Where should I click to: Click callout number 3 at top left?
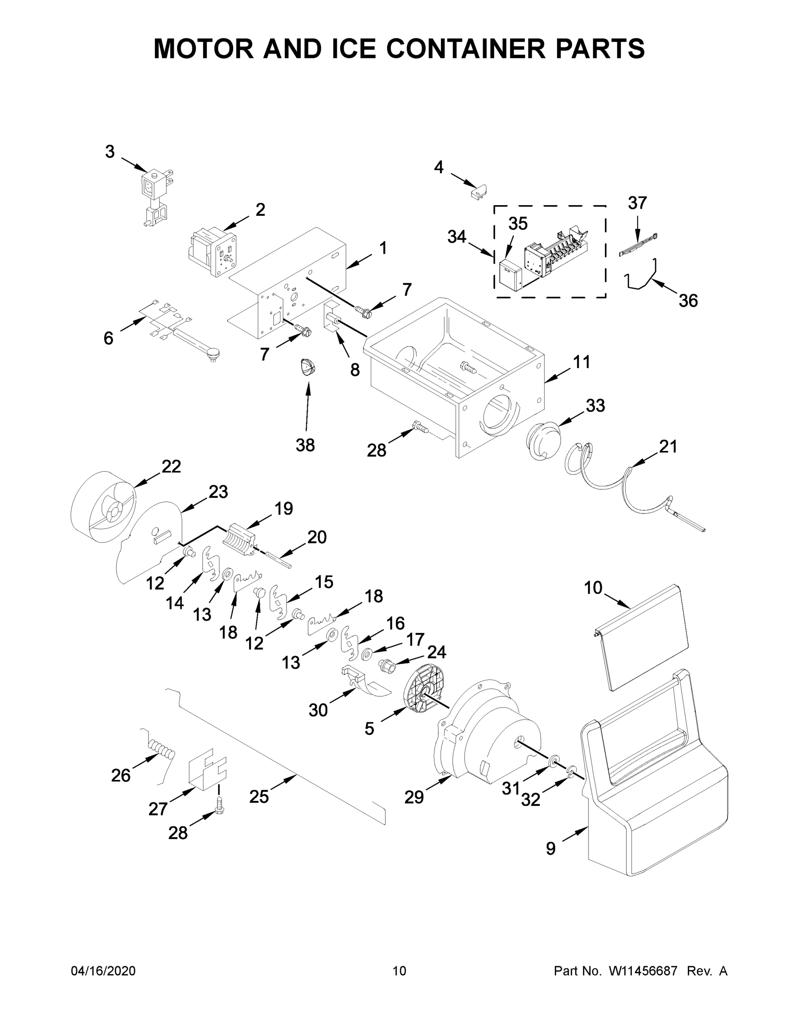pyautogui.click(x=110, y=152)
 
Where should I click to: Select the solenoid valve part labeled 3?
pyautogui.click(x=155, y=194)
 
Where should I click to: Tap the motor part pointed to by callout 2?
pyautogui.click(x=211, y=252)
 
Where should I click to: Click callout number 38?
pyautogui.click(x=305, y=445)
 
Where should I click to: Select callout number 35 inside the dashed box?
pyautogui.click(x=518, y=224)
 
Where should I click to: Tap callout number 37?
pyautogui.click(x=637, y=203)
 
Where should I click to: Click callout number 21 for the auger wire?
pyautogui.click(x=668, y=446)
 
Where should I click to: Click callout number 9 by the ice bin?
pyautogui.click(x=551, y=849)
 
